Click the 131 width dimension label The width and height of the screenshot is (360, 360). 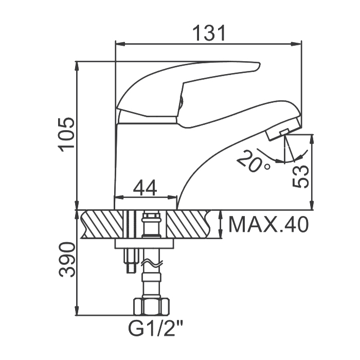(209, 33)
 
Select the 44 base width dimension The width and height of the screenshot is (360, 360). (145, 187)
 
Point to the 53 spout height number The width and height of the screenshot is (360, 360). (300, 176)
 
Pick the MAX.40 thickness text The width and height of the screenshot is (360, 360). (268, 224)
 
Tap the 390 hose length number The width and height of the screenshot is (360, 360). (67, 259)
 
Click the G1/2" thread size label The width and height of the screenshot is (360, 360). (156, 328)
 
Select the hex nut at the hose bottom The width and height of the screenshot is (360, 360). (152, 307)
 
